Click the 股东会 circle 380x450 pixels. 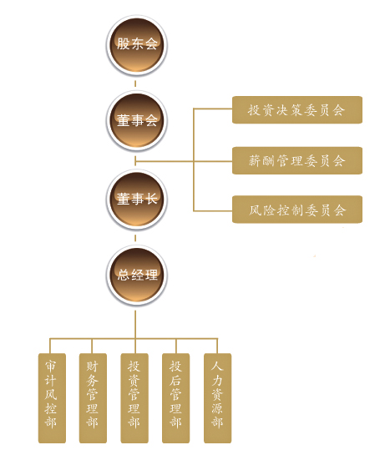[137, 45]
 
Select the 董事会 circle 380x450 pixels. [137, 121]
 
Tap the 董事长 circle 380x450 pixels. [137, 200]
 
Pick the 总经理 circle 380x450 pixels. [137, 276]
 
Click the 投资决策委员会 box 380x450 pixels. [297, 110]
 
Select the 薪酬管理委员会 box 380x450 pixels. [297, 160]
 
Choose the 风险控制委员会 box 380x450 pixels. [297, 210]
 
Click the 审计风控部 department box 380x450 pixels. [52, 398]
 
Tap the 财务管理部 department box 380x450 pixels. [93, 398]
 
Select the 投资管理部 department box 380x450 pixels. [134, 398]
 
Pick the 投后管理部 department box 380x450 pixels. [176, 398]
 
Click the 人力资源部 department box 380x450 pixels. [217, 398]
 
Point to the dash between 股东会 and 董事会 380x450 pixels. [135, 83]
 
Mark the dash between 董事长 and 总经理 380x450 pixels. [135, 238]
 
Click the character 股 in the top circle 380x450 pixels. [123, 44]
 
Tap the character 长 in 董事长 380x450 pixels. [151, 199]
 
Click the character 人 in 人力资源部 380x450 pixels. [217, 367]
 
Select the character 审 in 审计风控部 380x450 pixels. [51, 367]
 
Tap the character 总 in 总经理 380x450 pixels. [123, 275]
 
